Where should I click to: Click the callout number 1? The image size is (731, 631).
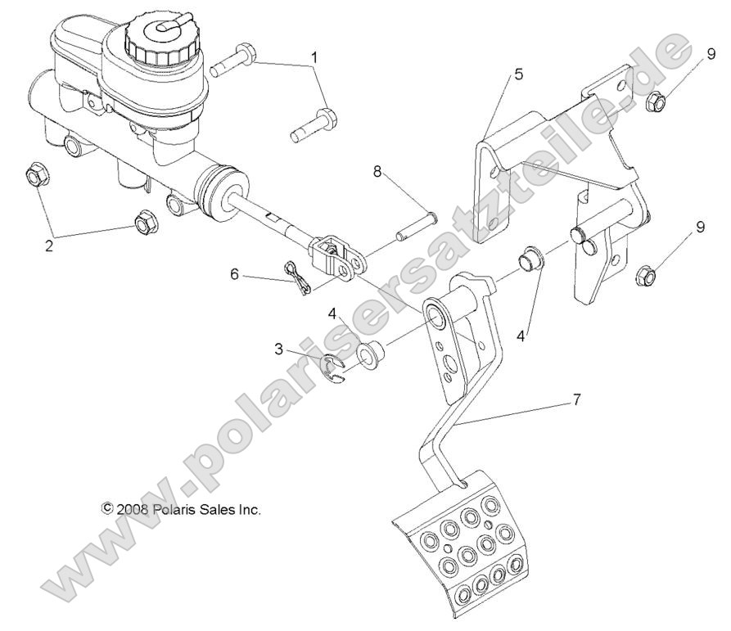(x=314, y=58)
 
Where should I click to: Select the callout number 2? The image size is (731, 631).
(x=48, y=246)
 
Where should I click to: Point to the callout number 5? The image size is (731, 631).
(x=518, y=74)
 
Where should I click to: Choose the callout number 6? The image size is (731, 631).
(x=235, y=275)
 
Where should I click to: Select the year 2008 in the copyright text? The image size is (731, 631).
(x=131, y=508)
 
